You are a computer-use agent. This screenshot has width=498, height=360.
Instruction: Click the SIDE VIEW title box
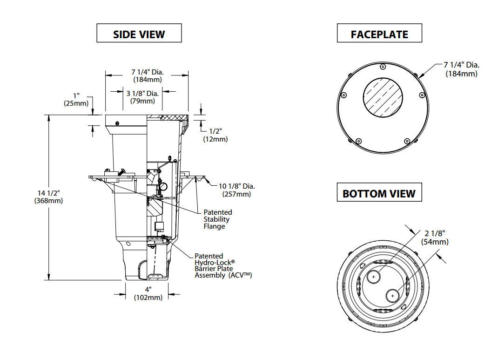[x=139, y=33]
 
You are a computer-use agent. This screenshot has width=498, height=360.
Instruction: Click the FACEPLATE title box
[x=379, y=33]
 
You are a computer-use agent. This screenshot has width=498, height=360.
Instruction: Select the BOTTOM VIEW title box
[x=379, y=192]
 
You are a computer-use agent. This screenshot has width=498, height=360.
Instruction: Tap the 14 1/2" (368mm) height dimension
[x=48, y=197]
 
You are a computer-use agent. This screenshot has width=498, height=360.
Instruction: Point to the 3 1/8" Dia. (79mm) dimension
[x=142, y=97]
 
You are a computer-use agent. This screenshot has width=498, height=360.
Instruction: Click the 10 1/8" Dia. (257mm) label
[x=236, y=190]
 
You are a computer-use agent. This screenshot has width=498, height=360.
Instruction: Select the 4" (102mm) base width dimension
[x=148, y=293]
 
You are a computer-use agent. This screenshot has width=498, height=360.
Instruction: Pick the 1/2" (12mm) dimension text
[x=215, y=135]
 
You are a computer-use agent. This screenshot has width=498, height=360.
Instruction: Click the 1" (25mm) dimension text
[x=76, y=100]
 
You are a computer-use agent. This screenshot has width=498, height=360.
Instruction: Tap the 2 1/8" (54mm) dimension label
[x=435, y=238]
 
